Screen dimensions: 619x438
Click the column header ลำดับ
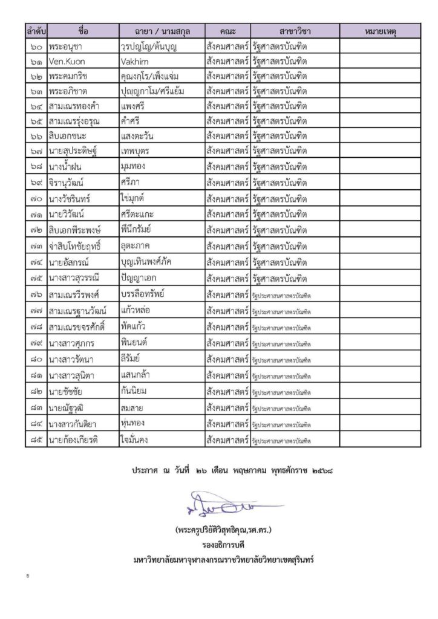click(36, 31)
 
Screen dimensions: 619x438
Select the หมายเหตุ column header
click(379, 31)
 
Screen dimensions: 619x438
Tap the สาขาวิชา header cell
click(295, 31)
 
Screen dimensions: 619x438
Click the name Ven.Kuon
click(67, 62)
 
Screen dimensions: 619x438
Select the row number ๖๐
click(36, 46)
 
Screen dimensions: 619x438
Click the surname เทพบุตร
click(140, 152)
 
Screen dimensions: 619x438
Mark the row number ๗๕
click(36, 279)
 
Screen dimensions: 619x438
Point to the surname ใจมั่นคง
click(140, 440)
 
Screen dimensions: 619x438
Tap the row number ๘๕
click(36, 440)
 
